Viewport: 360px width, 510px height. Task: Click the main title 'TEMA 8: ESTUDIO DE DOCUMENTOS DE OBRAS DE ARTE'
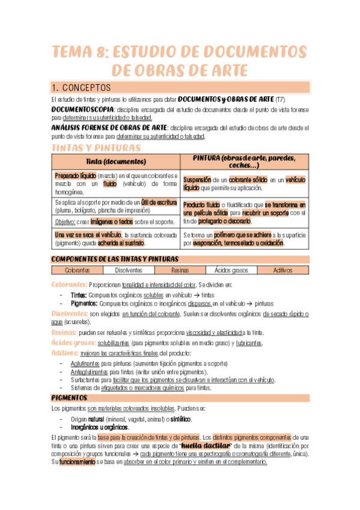click(x=180, y=60)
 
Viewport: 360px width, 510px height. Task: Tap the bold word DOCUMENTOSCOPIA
click(x=82, y=110)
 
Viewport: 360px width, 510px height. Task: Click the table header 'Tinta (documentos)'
click(x=116, y=161)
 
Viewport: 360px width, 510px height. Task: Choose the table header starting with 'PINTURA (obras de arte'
click(x=244, y=161)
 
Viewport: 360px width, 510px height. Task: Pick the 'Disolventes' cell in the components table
click(x=128, y=271)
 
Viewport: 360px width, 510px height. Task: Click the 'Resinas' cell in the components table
click(x=180, y=271)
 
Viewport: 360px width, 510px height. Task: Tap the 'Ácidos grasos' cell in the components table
click(x=230, y=271)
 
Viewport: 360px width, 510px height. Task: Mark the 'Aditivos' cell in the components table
click(x=282, y=271)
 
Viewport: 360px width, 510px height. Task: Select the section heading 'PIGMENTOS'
click(x=70, y=398)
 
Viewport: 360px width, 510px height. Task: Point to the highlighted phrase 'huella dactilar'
click(x=206, y=446)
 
